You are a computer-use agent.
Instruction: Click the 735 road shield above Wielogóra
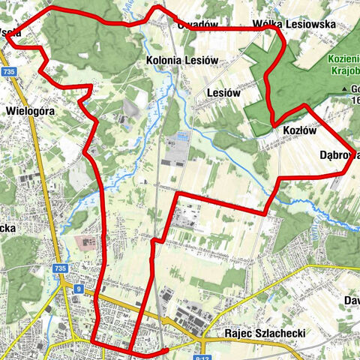coord(9,71)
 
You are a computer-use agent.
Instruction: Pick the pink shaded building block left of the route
coord(87,244)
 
